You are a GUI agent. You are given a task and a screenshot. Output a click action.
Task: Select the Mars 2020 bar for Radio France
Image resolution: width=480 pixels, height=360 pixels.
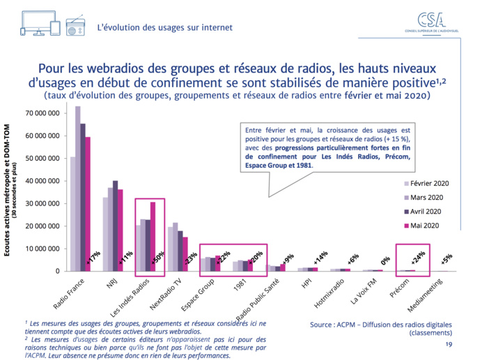click(x=78, y=188)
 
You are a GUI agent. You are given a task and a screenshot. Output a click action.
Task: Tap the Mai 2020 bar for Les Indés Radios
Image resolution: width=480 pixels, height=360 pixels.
click(x=153, y=236)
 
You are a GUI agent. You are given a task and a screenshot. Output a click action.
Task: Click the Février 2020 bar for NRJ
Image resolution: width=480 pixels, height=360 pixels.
click(x=106, y=234)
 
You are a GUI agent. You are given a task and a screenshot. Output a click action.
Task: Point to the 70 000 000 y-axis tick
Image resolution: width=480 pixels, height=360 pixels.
click(x=43, y=113)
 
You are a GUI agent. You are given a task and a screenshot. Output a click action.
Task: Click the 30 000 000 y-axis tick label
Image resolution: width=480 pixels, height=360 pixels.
click(x=43, y=203)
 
